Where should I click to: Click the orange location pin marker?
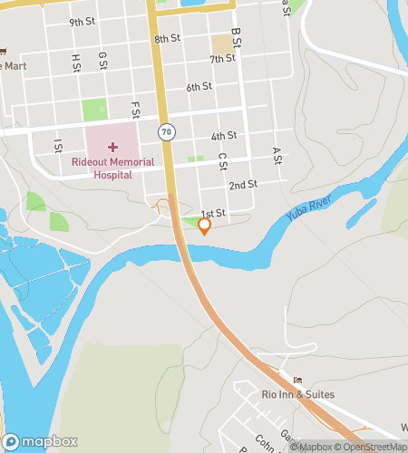tap(205, 226)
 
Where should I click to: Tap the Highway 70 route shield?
tap(165, 132)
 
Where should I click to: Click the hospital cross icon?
tap(112, 146)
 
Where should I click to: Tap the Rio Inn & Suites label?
tap(297, 394)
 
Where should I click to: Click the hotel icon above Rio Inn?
tap(296, 379)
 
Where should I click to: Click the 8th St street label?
tap(168, 39)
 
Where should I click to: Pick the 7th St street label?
tap(223, 59)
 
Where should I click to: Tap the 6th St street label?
tap(199, 87)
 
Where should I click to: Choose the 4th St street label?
tap(224, 136)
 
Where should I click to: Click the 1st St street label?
tap(212, 212)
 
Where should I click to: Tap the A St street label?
tap(274, 156)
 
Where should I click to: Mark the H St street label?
tap(75, 61)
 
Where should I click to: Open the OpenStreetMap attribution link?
tap(372, 446)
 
